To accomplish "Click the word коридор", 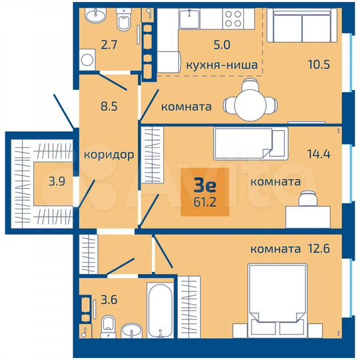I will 109,155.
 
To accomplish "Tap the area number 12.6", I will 319,250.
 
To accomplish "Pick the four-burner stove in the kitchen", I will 233,18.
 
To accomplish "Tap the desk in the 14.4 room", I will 308,215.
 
